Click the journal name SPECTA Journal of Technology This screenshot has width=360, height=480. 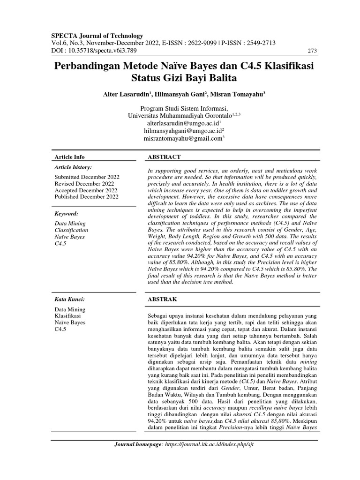pyautogui.click(x=97, y=36)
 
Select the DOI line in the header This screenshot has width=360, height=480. pyautogui.click(x=90, y=50)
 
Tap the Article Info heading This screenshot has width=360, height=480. pyautogui.click(x=70, y=157)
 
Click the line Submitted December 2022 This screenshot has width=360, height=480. pyautogui.click(x=87, y=177)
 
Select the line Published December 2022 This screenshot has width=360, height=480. pyautogui.click(x=87, y=196)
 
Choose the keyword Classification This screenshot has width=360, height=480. pyautogui.click(x=71, y=230)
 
